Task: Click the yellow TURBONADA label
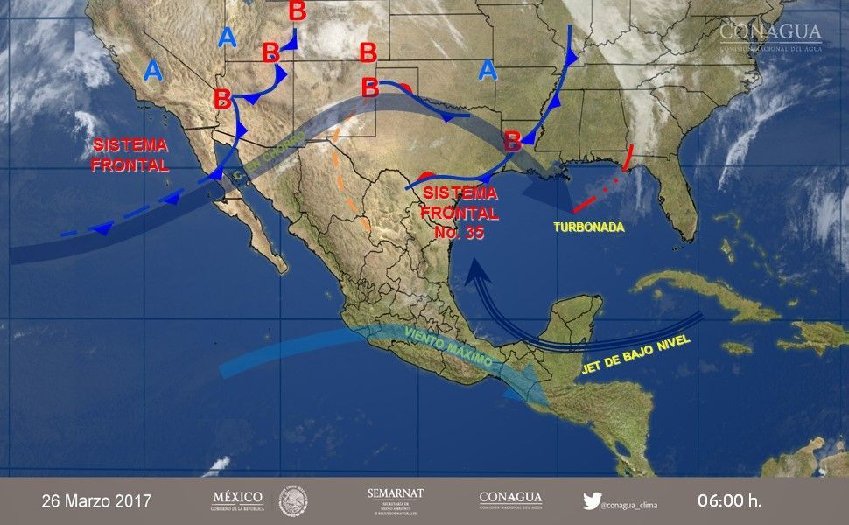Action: pos(588,227)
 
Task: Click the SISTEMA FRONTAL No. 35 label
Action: pos(460,213)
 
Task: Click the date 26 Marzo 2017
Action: pos(96,501)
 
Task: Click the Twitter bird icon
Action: pos(593,501)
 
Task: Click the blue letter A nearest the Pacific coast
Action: pos(153,70)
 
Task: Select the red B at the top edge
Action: pos(298,11)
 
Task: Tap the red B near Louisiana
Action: pos(513,138)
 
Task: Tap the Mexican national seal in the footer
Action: pos(293,501)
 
